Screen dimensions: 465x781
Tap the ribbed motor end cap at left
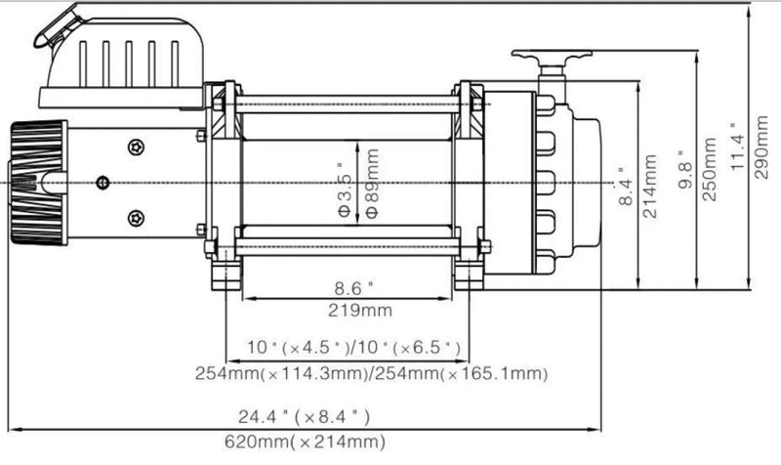click(39, 183)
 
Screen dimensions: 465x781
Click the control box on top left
click(120, 62)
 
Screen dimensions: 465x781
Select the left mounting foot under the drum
click(225, 269)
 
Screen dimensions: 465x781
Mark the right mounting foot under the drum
click(469, 271)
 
